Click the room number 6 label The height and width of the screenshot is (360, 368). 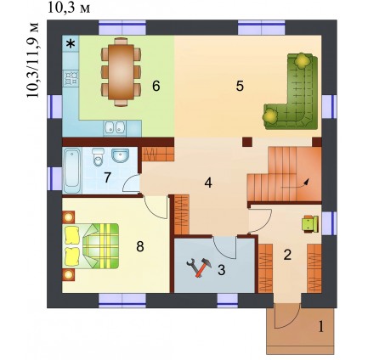[156, 86]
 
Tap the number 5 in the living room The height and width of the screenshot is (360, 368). [240, 86]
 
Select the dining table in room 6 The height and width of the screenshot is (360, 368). [122, 72]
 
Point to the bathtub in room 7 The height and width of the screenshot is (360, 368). [72, 171]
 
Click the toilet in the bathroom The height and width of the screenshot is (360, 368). [99, 157]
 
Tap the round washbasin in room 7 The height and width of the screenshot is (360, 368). [120, 155]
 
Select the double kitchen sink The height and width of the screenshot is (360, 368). [115, 127]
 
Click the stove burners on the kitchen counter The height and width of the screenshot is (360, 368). [71, 78]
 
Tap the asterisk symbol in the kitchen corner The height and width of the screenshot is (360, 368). [71, 43]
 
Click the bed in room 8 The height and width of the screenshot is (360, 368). [91, 245]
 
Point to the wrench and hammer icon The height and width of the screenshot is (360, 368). [199, 267]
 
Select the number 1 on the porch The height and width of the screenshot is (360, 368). [321, 327]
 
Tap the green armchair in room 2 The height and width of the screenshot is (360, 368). [311, 224]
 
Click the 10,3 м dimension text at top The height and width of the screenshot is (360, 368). [69, 8]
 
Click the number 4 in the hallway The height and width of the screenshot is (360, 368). [208, 183]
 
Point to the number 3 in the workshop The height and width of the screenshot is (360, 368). [221, 270]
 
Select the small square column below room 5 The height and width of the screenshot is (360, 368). [247, 142]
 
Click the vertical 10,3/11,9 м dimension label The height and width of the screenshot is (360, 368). [32, 60]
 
